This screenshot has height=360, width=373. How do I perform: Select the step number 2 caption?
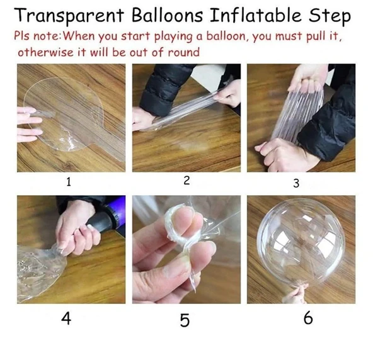coord(186,181)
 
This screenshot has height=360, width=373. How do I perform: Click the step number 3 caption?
coord(296,184)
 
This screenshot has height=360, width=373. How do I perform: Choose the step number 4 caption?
coord(66,318)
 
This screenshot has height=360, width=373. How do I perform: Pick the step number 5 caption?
coord(184,320)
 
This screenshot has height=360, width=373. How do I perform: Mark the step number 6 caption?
coord(307,318)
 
